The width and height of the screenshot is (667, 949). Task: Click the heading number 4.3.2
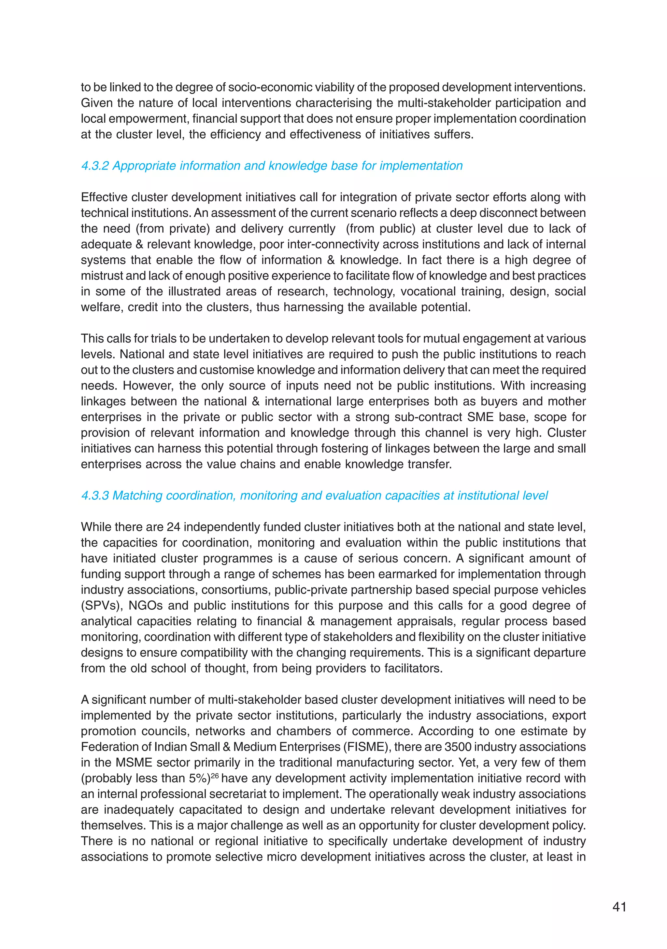coord(95,166)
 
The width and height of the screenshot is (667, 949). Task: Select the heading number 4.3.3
coord(95,495)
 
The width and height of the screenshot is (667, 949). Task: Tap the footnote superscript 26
coord(214,775)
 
